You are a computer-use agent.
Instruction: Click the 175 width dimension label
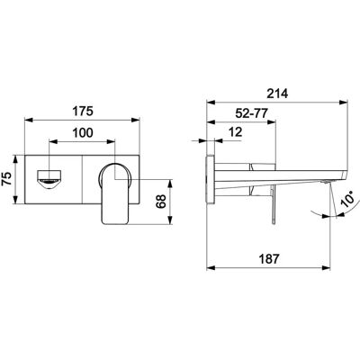(x=83, y=111)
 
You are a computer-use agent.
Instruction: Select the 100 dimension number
(x=83, y=132)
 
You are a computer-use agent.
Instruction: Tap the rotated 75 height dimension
(x=7, y=179)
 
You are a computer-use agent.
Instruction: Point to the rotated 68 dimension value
(x=161, y=202)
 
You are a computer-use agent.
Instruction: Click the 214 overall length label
(x=277, y=94)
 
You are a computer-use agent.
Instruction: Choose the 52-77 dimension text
(x=251, y=113)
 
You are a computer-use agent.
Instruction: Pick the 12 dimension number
(x=235, y=131)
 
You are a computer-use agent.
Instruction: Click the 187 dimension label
(x=268, y=259)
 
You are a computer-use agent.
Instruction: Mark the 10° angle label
(x=349, y=198)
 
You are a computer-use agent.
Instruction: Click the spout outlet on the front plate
(x=49, y=180)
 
